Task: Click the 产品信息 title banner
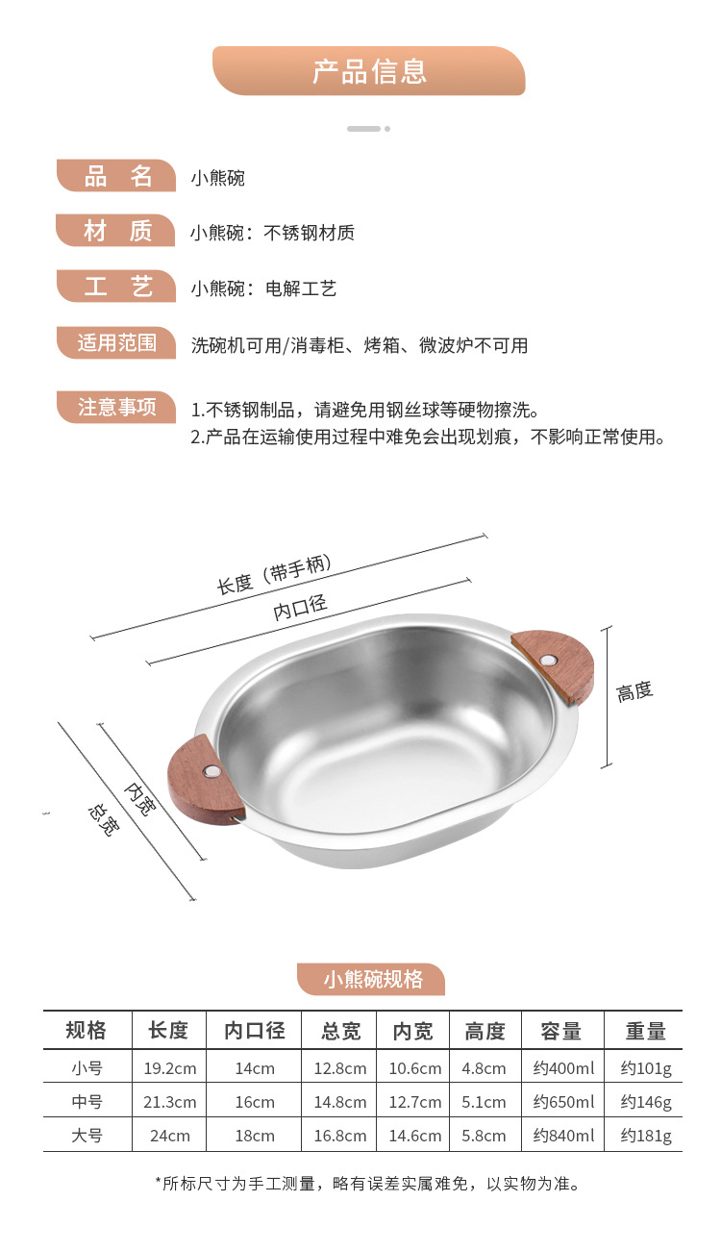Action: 369,71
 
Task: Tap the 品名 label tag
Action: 116,176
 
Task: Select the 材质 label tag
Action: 116,232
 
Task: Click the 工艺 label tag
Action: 116,288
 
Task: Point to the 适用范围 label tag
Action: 116,343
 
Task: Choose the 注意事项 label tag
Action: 116,408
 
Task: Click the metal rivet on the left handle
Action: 212,772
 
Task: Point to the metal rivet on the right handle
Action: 548,662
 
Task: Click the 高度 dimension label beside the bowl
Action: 634,690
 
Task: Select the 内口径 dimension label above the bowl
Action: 301,607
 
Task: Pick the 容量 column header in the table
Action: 561,1031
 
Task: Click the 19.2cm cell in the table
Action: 169,1068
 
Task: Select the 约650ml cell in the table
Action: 563,1102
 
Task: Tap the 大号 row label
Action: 87,1136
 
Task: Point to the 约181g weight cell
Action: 646,1136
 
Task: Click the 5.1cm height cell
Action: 484,1102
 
